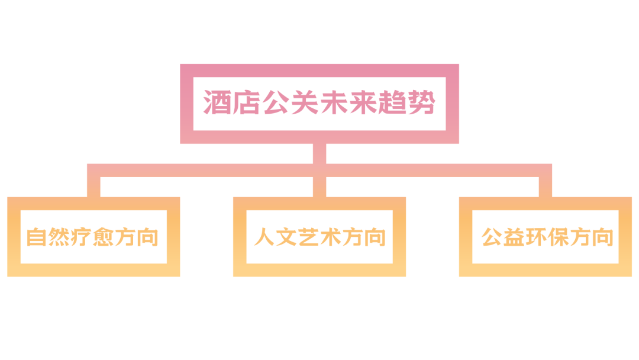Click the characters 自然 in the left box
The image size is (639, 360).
[x=49, y=237]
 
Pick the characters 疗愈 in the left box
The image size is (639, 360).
[x=93, y=237]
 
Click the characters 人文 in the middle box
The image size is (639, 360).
[x=276, y=237]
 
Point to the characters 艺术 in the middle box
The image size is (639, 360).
[x=319, y=237]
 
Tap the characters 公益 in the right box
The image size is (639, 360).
[x=503, y=237]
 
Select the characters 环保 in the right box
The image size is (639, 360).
[x=547, y=237]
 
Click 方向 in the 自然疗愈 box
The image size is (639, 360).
[x=137, y=237]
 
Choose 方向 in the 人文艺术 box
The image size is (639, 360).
[x=364, y=237]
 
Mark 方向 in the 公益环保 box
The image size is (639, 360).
[x=591, y=237]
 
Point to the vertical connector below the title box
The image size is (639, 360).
[x=319, y=153]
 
